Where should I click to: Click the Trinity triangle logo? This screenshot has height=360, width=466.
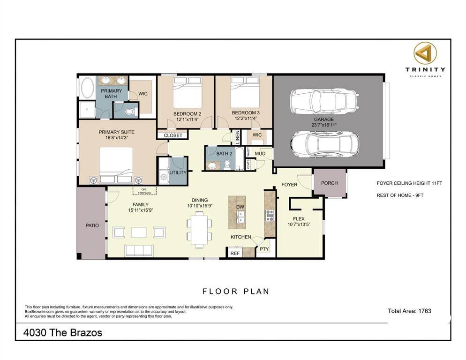point(425,53)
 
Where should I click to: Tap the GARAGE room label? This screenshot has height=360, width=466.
point(323,119)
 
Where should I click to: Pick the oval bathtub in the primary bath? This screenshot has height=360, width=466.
point(87,88)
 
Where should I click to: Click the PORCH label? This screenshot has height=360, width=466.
point(329,183)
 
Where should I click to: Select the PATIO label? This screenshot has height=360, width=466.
point(92,225)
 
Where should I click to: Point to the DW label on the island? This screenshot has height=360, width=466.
point(240,207)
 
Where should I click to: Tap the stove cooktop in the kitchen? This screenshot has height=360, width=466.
point(270,215)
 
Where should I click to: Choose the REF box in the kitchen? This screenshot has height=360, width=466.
point(235,253)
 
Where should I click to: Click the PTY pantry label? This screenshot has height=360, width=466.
point(264,249)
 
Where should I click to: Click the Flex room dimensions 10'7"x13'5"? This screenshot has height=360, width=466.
point(299,224)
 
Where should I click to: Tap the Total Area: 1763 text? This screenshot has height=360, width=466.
point(409,311)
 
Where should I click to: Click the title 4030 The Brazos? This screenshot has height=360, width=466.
point(63,333)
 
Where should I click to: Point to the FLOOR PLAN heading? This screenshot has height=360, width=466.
point(236,291)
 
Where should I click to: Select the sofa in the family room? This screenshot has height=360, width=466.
point(139,250)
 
